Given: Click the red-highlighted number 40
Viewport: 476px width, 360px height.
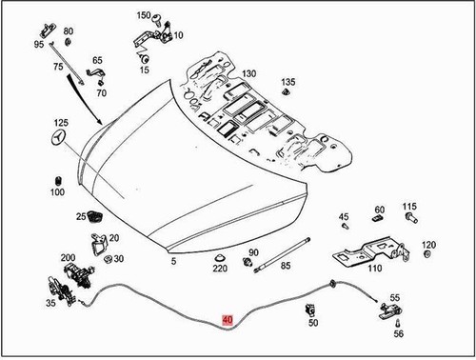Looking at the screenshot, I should (x=226, y=320).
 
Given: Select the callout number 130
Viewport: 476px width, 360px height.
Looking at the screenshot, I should (x=248, y=73).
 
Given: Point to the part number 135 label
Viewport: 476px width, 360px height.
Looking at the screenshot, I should (x=288, y=82).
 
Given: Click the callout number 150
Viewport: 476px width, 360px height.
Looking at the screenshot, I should (x=143, y=17).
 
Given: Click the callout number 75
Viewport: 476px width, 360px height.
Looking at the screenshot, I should (x=58, y=67).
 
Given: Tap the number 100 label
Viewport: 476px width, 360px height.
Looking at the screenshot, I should (x=57, y=192).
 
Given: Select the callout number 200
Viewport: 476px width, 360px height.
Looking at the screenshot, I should (x=68, y=258).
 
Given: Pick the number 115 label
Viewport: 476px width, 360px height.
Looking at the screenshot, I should (x=409, y=206).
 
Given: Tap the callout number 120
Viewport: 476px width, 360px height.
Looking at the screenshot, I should (x=428, y=245).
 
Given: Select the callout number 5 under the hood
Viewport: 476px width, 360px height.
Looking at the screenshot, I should (x=173, y=261).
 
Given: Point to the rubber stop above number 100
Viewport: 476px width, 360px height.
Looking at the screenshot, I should (x=57, y=180).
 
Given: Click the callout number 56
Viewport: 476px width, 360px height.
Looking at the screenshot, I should (x=398, y=334).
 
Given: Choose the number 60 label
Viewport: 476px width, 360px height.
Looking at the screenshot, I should (x=379, y=210).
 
